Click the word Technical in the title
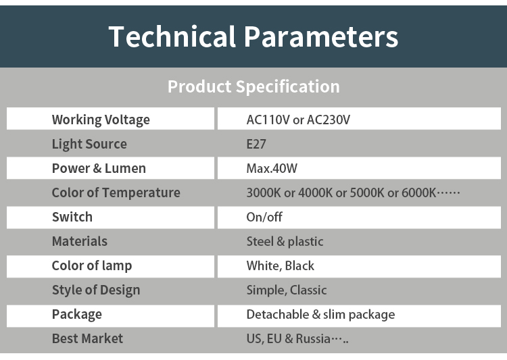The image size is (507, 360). click(172, 36)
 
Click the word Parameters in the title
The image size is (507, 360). click(320, 36)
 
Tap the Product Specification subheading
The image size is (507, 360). click(254, 86)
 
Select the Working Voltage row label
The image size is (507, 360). click(101, 120)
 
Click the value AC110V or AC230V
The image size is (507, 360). click(298, 120)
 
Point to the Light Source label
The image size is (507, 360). click(89, 144)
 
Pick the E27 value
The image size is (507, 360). click(256, 144)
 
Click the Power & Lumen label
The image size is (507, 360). click(99, 168)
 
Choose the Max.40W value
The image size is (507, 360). click(272, 168)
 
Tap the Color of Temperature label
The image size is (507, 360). click(116, 193)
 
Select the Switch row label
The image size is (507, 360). click(72, 217)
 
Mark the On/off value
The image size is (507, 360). click(264, 217)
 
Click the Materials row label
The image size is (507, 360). click(80, 241)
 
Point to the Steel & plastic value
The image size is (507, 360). click(285, 241)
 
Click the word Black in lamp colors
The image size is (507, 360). click(299, 265)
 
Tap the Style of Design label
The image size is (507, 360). click(96, 290)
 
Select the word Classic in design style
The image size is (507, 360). click(308, 290)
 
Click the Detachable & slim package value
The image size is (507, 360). click(320, 315)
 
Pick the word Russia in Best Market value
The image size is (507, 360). click(313, 338)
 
